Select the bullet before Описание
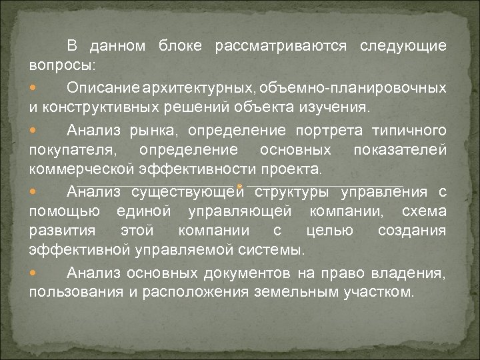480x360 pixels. click(33, 89)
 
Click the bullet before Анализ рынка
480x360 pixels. click(33, 130)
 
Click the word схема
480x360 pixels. click(425, 211)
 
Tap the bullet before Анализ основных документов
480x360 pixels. click(33, 274)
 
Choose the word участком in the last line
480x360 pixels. click(377, 293)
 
